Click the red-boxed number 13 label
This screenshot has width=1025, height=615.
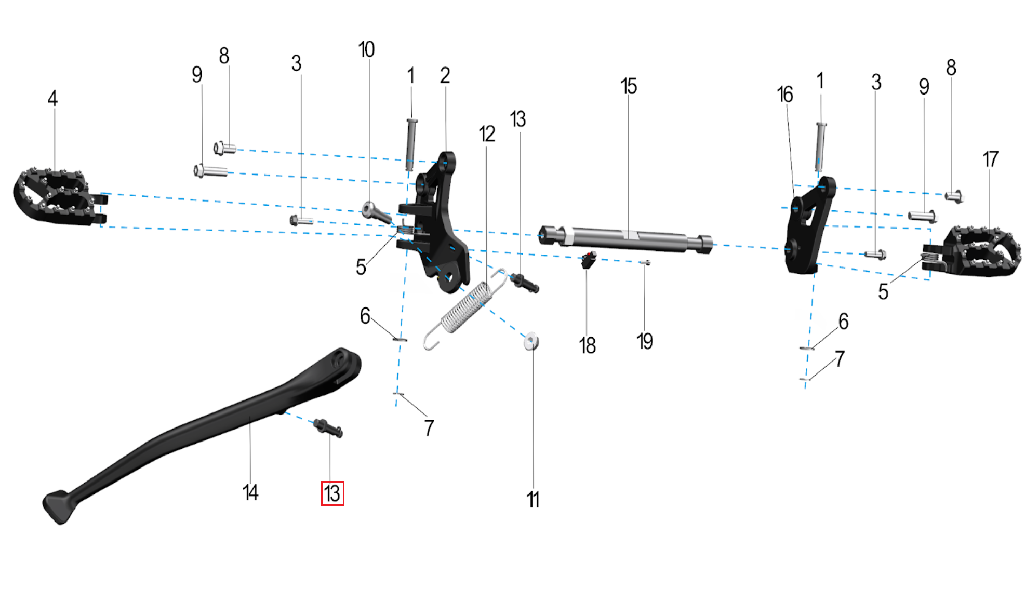(x=332, y=493)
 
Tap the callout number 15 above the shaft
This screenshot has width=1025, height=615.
(x=628, y=86)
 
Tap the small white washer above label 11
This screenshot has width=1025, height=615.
(x=531, y=342)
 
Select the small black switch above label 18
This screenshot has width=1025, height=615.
(x=588, y=260)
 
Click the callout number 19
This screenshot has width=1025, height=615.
(x=645, y=342)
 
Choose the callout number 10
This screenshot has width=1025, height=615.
(x=366, y=50)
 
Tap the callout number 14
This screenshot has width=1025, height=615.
(x=250, y=492)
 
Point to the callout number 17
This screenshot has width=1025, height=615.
(x=990, y=159)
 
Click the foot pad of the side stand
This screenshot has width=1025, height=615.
(x=59, y=506)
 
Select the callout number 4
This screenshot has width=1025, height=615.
(x=52, y=99)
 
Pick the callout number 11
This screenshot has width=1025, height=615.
(x=533, y=500)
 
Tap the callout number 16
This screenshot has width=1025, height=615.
(x=785, y=95)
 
